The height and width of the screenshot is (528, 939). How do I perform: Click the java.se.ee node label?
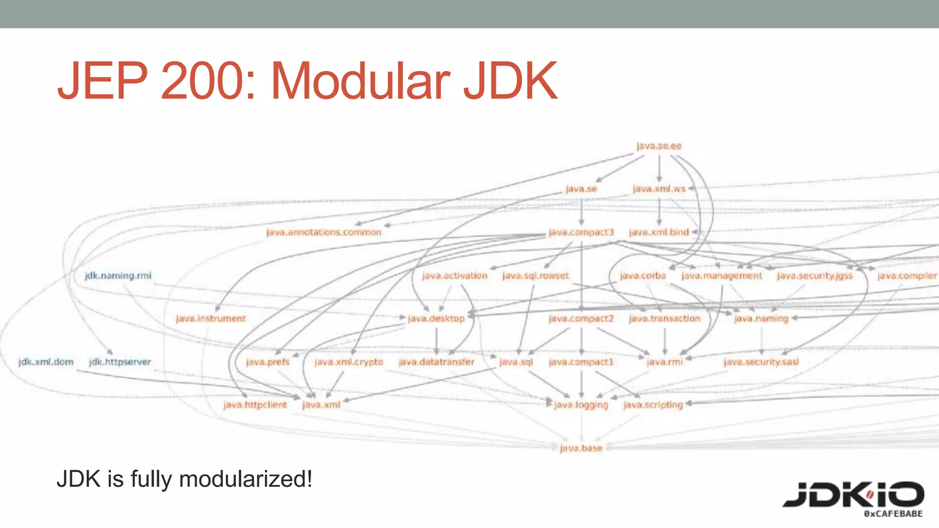[659, 146]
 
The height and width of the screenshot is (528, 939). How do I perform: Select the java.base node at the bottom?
[581, 448]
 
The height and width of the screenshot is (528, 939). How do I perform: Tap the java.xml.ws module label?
[659, 189]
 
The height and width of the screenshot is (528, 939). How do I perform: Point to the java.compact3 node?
[581, 232]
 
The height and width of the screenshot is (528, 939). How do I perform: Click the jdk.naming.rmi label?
[118, 275]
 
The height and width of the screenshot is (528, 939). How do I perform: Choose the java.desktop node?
[436, 319]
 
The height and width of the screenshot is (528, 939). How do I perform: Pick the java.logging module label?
[581, 405]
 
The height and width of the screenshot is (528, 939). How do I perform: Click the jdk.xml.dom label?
[46, 362]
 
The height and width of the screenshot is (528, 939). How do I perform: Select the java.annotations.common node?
[324, 232]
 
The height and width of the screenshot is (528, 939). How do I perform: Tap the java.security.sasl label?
[761, 362]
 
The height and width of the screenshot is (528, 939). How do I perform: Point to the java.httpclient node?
[255, 405]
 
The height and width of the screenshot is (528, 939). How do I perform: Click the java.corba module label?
[643, 275]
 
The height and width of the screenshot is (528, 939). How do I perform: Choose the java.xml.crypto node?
[348, 362]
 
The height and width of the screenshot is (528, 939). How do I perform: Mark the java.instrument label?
[211, 319]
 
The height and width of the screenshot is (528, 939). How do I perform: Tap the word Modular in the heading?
[360, 81]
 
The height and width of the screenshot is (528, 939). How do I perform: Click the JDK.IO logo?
[853, 497]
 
